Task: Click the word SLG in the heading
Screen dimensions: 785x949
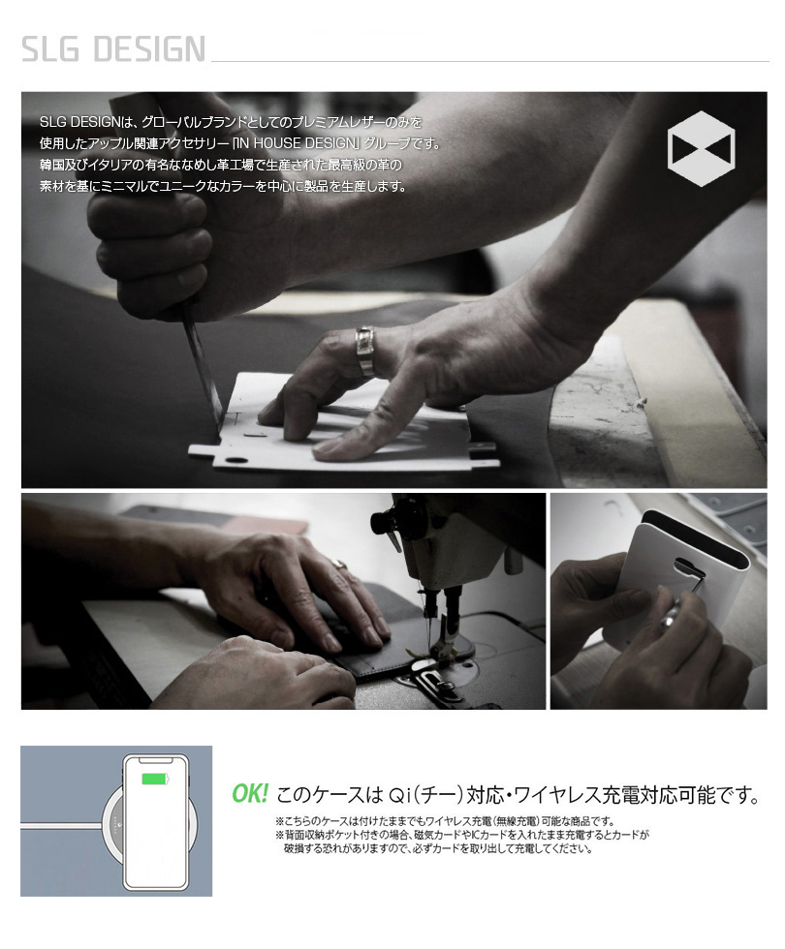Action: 50,48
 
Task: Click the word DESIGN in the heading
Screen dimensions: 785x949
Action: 150,48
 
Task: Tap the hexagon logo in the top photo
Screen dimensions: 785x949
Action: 701,148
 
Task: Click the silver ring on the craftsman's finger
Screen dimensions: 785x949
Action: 365,352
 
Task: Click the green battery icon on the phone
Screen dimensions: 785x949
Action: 155,779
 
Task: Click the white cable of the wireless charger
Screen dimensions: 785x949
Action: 60,825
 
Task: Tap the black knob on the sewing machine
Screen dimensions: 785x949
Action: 383,521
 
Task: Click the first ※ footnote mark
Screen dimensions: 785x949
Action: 279,821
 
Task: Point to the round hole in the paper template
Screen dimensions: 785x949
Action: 234,461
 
